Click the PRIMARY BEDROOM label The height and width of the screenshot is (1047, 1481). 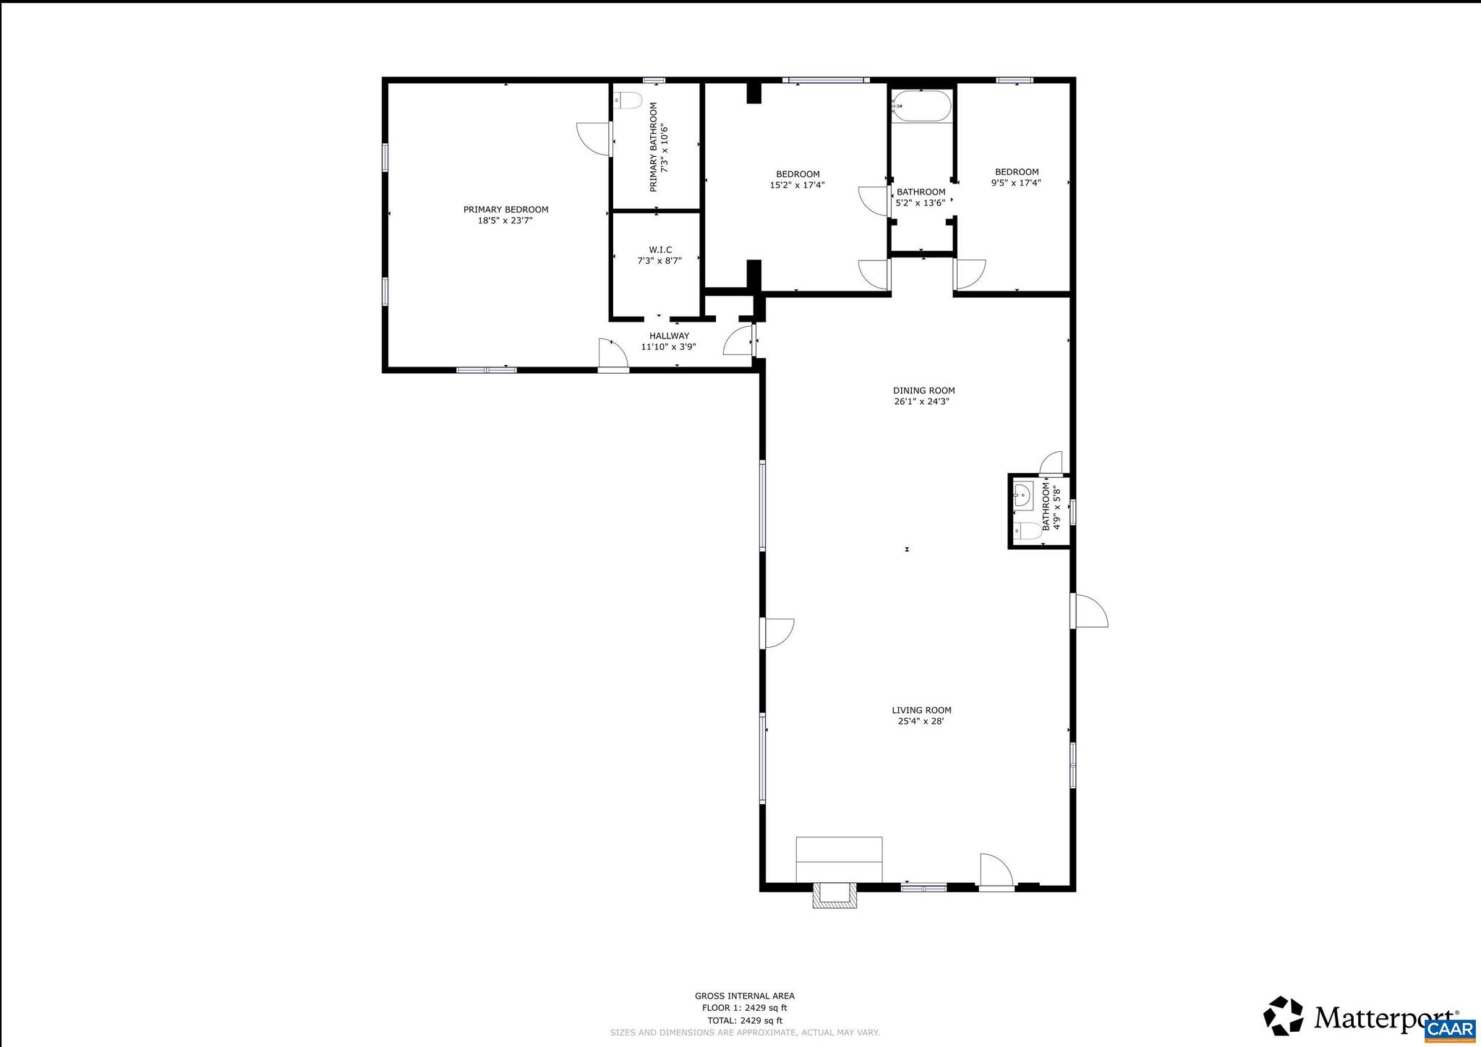click(x=505, y=210)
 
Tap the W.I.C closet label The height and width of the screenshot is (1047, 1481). click(x=660, y=250)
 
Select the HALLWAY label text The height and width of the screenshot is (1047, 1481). click(x=669, y=336)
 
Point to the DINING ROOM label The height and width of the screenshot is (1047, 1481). click(x=923, y=390)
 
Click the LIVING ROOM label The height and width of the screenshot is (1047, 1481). click(x=921, y=711)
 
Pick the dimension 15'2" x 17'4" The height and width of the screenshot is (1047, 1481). click(x=797, y=185)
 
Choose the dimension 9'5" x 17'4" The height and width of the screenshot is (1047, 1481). click(x=1015, y=183)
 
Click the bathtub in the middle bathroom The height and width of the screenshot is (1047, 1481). click(x=921, y=106)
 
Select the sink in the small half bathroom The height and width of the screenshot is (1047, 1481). click(x=1022, y=496)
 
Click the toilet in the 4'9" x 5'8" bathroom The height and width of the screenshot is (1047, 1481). click(x=1026, y=531)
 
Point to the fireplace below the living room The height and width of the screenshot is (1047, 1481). click(x=835, y=894)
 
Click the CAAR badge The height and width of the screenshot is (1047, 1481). click(x=1450, y=1030)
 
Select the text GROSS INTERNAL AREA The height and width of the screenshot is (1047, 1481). click(x=744, y=996)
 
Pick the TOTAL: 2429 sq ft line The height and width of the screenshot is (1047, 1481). click(x=744, y=1020)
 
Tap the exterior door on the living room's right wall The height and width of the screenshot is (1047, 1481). click(x=1090, y=611)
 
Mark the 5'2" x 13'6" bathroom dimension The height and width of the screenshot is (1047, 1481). click(x=920, y=203)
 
